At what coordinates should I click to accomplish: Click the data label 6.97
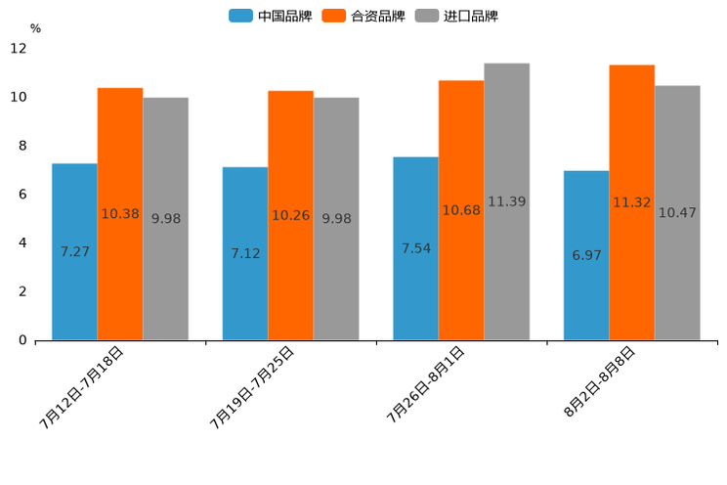(x=587, y=255)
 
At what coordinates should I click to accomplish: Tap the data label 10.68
(x=461, y=210)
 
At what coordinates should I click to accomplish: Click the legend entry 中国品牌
(x=271, y=16)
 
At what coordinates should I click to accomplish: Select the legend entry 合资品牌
(x=364, y=16)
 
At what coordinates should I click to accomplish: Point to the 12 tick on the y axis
(x=19, y=49)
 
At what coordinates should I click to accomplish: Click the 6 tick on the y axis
(x=22, y=195)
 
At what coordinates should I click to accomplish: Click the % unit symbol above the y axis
(x=35, y=29)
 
